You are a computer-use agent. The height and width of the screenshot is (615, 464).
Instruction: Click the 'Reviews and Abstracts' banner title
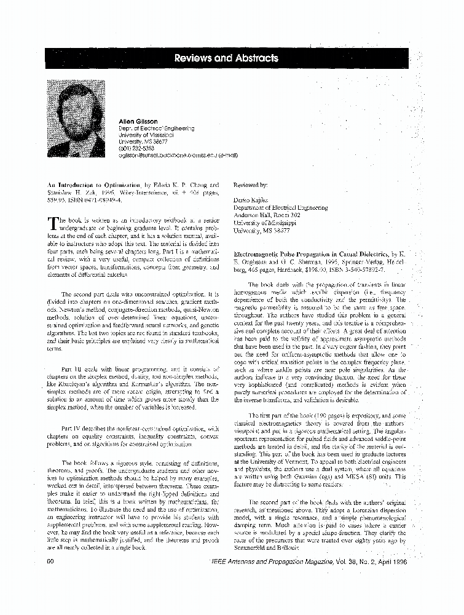pos(226,58)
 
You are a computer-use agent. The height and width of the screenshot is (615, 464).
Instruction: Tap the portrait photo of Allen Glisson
pos(77,119)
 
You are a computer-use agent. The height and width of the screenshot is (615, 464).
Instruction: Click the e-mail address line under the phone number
pos(178,155)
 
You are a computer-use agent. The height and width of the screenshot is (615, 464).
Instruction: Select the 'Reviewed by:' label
pos(251,184)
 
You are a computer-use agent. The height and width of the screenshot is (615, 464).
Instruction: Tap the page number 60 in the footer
pos(52,561)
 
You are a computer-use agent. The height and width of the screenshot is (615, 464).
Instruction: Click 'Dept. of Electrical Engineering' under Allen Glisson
pos(156,129)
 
